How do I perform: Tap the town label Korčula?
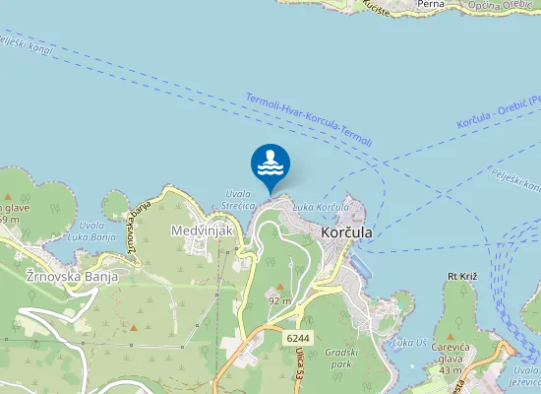tap(346, 232)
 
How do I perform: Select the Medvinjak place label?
tap(201, 230)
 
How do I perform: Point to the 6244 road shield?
tap(299, 338)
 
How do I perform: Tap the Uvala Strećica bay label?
tap(239, 200)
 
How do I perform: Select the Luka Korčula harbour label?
tap(323, 208)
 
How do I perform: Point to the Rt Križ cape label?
tap(461, 277)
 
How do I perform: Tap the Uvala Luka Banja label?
tap(90, 231)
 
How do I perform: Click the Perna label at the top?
tap(431, 5)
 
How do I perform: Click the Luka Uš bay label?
tap(408, 342)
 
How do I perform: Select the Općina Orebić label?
tap(504, 6)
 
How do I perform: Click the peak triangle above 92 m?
tap(279, 287)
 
